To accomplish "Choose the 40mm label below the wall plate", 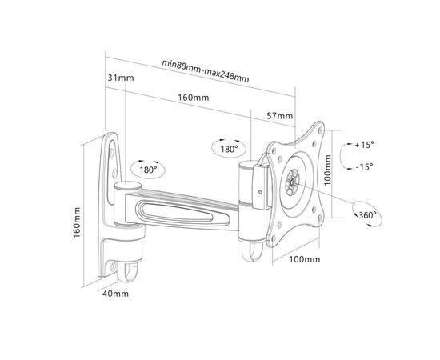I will (116, 294).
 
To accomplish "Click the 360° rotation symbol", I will (369, 215).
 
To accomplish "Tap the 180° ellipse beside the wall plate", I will (147, 170).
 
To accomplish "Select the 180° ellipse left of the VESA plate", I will (228, 149).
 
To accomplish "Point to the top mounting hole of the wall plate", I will (112, 146).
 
